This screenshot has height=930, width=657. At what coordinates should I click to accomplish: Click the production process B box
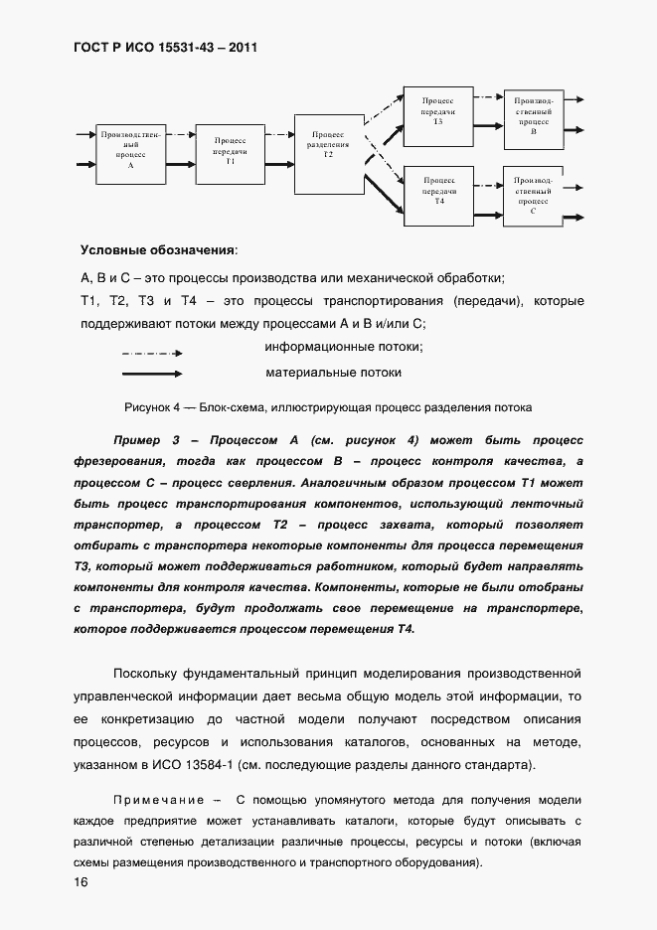534,117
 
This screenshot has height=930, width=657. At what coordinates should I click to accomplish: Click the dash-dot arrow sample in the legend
151,353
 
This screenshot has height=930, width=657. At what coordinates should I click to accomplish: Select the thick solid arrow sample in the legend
151,375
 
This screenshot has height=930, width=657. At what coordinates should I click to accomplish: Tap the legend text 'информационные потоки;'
344,347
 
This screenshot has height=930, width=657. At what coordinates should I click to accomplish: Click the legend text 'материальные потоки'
333,373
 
